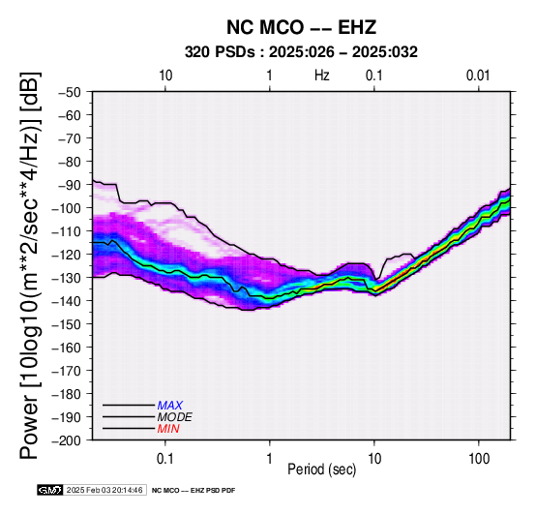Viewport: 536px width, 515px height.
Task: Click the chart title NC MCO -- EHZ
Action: pyautogui.click(x=301, y=27)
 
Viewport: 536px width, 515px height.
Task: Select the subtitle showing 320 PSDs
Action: pyautogui.click(x=301, y=52)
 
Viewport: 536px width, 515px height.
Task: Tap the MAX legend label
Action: pyautogui.click(x=170, y=406)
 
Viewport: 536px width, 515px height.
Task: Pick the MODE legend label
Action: pyautogui.click(x=175, y=417)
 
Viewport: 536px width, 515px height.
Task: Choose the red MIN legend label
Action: pyautogui.click(x=168, y=429)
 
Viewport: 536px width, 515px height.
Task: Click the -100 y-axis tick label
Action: pyautogui.click(x=66, y=208)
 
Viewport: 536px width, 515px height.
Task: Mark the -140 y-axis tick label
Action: pyautogui.click(x=66, y=301)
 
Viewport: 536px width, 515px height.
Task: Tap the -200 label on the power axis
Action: pyautogui.click(x=66, y=440)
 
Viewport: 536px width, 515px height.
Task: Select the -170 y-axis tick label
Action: pyautogui.click(x=66, y=371)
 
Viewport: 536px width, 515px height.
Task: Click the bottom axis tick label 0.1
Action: pyautogui.click(x=165, y=459)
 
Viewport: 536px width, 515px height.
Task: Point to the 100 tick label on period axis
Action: pyautogui.click(x=479, y=459)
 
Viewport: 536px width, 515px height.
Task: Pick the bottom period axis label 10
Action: pyautogui.click(x=374, y=459)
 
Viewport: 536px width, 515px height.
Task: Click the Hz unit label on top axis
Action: pyautogui.click(x=321, y=76)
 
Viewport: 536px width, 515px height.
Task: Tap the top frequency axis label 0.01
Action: pyautogui.click(x=478, y=76)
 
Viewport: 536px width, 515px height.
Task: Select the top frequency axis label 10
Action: pyautogui.click(x=165, y=76)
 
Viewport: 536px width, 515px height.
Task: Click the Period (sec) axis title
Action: pyautogui.click(x=321, y=470)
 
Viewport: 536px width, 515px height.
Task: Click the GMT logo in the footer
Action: pyautogui.click(x=49, y=490)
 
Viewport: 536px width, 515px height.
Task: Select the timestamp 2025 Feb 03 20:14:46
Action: pyautogui.click(x=104, y=490)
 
